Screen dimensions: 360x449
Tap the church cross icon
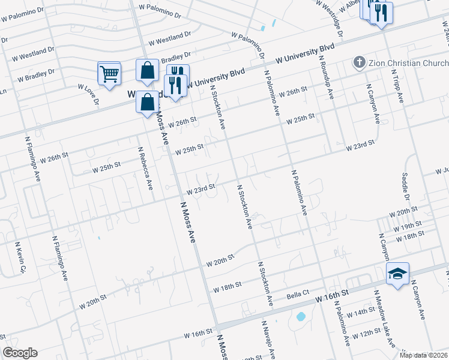pyautogui.click(x=359, y=62)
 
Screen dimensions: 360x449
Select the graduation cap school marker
pyautogui.click(x=397, y=273)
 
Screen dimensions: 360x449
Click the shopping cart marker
pyautogui.click(x=109, y=74)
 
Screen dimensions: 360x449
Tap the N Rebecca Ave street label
pyautogui.click(x=145, y=169)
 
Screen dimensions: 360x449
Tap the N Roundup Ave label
pyautogui.click(x=326, y=74)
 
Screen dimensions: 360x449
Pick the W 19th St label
pyautogui.click(x=408, y=227)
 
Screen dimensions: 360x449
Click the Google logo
pyautogui.click(x=20, y=353)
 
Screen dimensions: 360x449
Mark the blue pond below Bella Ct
pyautogui.click(x=301, y=316)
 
